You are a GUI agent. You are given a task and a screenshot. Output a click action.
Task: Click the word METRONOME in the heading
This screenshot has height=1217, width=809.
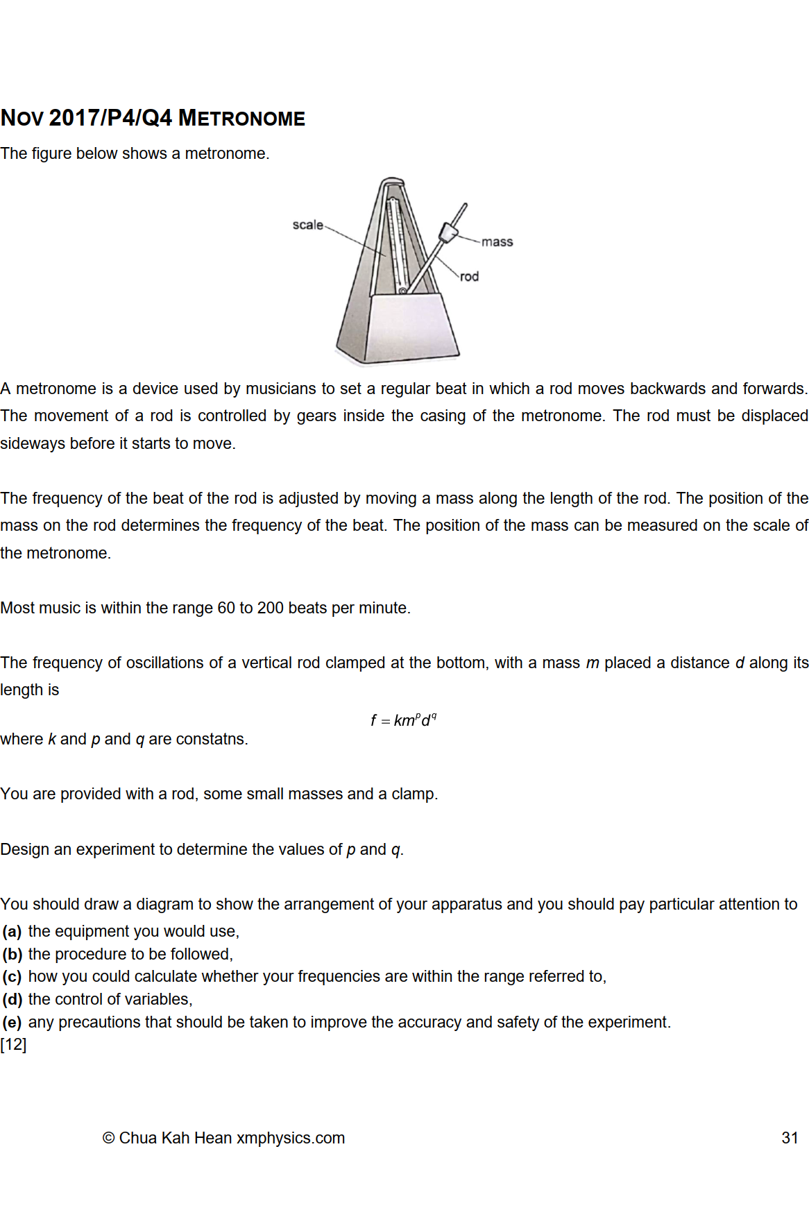[x=241, y=119]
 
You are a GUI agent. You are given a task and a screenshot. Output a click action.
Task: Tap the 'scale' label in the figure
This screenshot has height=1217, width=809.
[x=307, y=225]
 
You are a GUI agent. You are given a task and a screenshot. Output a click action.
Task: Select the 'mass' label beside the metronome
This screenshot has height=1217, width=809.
[x=497, y=241]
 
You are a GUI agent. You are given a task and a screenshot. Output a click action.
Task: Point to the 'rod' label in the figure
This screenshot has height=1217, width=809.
[x=469, y=276]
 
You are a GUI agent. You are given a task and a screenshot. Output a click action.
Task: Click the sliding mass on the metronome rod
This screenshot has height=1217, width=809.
[x=448, y=232]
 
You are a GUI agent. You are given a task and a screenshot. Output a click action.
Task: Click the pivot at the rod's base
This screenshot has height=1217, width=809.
[x=402, y=291]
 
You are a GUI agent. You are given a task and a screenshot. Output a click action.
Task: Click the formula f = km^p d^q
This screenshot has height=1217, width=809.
[x=403, y=720]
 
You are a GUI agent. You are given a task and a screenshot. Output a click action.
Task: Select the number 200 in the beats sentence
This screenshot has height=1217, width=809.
[x=271, y=608]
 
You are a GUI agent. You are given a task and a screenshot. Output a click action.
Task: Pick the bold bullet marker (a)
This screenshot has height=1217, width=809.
[x=12, y=931]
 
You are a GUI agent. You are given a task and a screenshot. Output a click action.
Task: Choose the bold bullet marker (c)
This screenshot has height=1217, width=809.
[x=12, y=976]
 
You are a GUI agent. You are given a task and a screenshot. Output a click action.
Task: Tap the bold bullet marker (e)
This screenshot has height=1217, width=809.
[x=12, y=1022]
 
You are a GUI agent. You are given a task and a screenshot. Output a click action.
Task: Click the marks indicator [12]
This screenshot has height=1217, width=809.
[x=13, y=1044]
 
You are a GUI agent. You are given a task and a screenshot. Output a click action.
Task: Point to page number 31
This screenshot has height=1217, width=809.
[x=790, y=1138]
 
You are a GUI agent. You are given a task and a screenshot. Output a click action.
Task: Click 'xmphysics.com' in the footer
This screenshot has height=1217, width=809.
[x=291, y=1138]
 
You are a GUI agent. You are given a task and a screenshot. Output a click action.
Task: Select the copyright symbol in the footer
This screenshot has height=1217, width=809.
[x=108, y=1138]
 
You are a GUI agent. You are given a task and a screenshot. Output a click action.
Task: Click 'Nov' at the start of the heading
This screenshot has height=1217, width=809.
[x=22, y=119]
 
